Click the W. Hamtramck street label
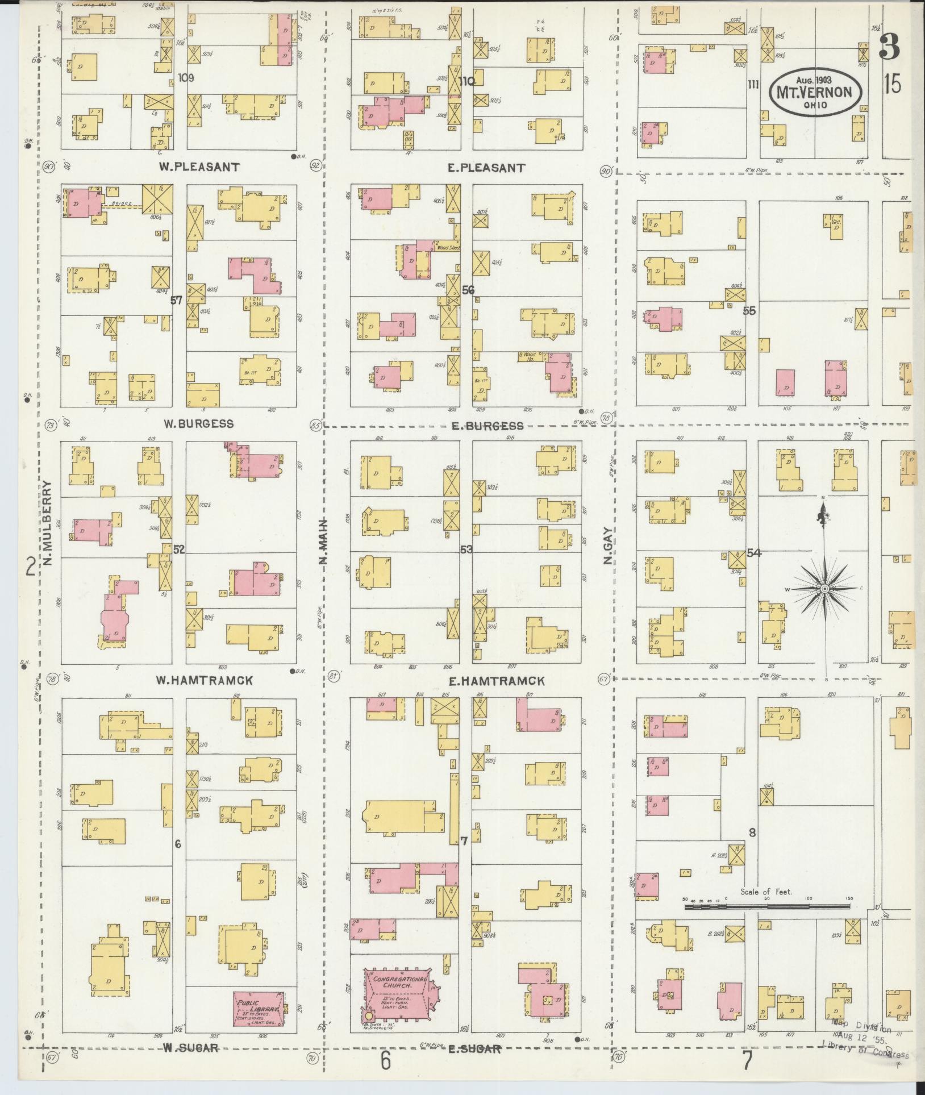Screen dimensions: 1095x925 [208, 680]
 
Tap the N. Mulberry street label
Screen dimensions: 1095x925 [48, 523]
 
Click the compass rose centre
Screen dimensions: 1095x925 [824, 589]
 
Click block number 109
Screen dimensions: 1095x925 [185, 77]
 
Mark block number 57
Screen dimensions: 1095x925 [177, 300]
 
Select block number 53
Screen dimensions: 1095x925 [466, 549]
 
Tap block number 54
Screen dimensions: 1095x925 [754, 552]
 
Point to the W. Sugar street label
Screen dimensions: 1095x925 [190, 1047]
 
